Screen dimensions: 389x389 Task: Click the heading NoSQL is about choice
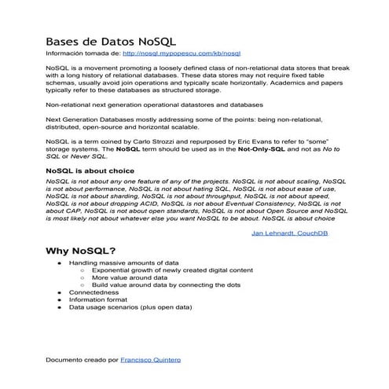[90, 171]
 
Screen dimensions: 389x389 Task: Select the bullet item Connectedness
[92, 292]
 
